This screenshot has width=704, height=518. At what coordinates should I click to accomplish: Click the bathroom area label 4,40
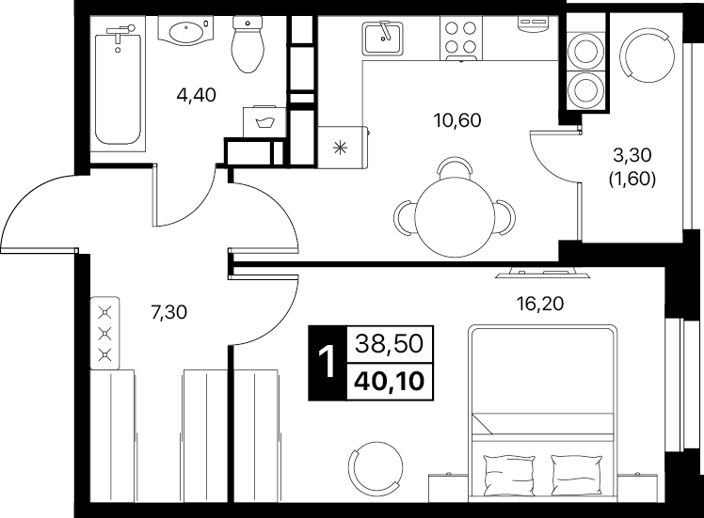(196, 95)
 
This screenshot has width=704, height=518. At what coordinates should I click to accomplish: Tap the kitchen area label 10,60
(457, 120)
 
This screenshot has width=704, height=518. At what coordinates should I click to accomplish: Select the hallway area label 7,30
(168, 312)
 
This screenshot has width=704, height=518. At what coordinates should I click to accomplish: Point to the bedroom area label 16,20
(539, 304)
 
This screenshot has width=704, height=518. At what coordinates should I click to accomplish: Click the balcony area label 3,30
(632, 156)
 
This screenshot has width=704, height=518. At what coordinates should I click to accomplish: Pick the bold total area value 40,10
(390, 382)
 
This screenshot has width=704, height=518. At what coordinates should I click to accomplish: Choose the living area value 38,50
(390, 344)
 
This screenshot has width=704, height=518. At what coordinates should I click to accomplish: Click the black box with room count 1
(328, 363)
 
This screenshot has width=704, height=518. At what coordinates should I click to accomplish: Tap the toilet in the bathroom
(247, 44)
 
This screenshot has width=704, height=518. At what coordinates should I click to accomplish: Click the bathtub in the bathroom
(118, 85)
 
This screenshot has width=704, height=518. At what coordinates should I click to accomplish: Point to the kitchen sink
(382, 39)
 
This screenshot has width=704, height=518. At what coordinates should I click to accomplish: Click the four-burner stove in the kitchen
(461, 39)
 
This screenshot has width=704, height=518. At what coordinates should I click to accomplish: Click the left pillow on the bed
(508, 475)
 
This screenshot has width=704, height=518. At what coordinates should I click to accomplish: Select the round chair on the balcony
(647, 55)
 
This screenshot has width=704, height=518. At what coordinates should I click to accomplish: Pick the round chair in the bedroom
(376, 468)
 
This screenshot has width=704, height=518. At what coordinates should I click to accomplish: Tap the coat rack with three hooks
(105, 333)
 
